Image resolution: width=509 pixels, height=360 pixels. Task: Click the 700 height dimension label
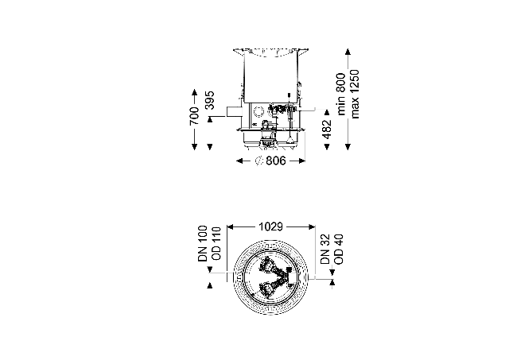click(194, 116)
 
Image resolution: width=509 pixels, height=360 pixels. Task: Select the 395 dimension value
click(210, 100)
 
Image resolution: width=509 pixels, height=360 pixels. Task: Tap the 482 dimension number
click(327, 129)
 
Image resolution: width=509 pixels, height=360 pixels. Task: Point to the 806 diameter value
click(276, 161)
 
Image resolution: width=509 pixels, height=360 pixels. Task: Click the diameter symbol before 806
click(258, 161)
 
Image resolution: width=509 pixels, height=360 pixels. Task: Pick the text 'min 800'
click(341, 94)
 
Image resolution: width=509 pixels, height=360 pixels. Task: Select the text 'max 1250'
click(355, 94)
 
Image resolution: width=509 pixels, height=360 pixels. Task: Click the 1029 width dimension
click(271, 226)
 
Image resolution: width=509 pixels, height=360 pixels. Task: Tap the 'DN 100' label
click(203, 243)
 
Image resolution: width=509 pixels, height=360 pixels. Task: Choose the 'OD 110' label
click(216, 243)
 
